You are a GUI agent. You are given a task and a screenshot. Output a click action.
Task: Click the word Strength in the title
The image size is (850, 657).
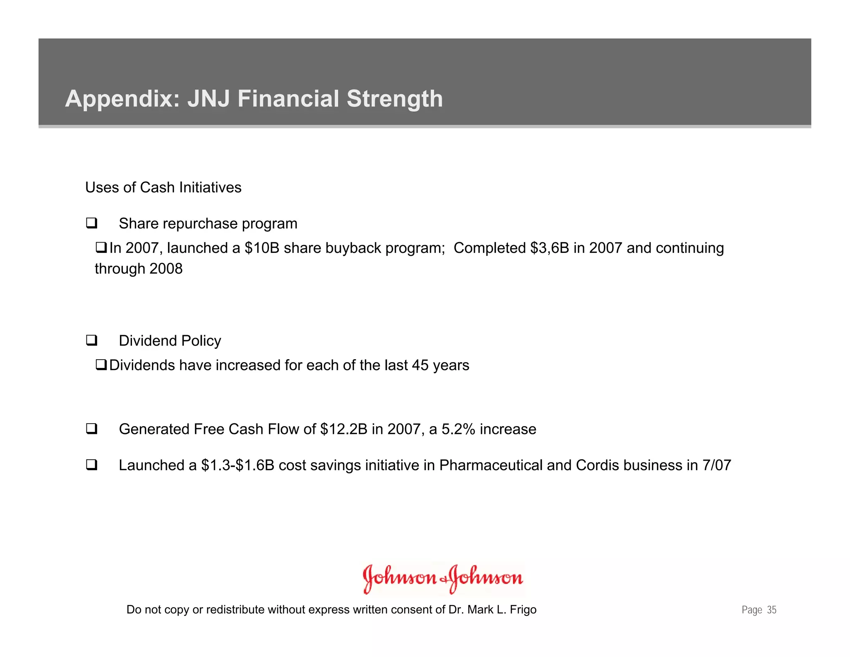pos(395,99)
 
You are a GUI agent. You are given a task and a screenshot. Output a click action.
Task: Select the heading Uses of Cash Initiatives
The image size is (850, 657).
pos(163,188)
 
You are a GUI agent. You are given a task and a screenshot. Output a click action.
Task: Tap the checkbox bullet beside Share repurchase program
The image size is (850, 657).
pos(92,223)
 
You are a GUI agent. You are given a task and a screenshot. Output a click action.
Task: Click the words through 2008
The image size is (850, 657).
pos(139,269)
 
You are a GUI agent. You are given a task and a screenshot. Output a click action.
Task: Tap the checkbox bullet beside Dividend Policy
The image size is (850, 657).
pos(92,341)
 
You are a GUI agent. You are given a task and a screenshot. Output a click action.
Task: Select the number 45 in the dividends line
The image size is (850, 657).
pos(420,365)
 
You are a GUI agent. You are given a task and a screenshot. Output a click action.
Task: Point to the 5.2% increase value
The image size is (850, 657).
pos(458,429)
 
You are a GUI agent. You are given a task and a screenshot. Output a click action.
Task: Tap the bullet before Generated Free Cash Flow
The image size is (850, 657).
pos(92,429)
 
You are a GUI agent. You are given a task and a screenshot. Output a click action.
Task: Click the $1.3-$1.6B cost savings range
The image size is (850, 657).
pos(237,465)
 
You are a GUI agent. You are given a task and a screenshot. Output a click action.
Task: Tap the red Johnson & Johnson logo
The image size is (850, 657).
pos(442,578)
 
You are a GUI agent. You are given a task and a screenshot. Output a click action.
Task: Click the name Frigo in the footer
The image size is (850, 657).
pos(523,610)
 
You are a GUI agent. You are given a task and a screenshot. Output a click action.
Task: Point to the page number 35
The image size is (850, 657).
pos(772,610)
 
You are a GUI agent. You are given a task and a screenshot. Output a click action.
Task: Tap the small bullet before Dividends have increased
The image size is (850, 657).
pos(101,365)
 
